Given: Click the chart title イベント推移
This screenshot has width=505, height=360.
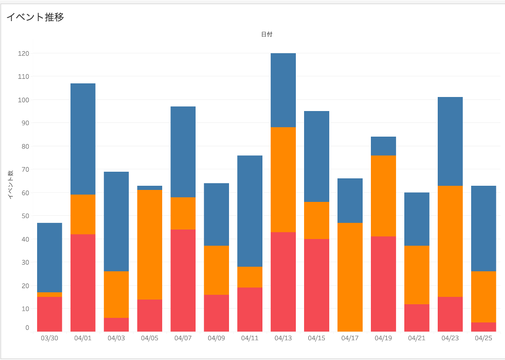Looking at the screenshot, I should click(x=35, y=17).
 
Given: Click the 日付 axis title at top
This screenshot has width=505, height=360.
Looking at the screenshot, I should click(x=267, y=35).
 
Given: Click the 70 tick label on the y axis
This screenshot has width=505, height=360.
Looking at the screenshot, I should click(x=24, y=169).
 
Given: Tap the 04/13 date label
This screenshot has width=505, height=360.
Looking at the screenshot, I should click(x=283, y=339).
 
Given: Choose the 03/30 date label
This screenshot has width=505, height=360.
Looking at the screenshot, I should click(x=50, y=339).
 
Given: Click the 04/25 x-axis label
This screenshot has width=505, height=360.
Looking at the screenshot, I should click(x=483, y=339).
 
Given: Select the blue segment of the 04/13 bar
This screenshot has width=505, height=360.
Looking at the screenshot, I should click(x=283, y=90).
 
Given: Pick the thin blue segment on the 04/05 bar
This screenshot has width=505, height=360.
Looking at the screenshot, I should click(x=149, y=188).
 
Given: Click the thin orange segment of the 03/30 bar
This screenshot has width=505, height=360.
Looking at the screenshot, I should click(x=50, y=294).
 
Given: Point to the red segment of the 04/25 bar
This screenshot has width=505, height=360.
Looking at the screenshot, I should click(x=483, y=327).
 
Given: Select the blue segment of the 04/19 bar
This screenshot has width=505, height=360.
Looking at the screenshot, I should click(x=383, y=146).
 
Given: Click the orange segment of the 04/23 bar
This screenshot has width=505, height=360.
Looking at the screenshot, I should click(x=450, y=241).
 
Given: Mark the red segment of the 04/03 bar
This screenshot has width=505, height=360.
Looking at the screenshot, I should click(x=116, y=324).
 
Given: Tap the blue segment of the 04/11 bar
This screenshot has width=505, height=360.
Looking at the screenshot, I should click(x=250, y=211).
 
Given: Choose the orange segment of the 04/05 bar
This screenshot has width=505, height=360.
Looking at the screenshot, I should click(x=149, y=244).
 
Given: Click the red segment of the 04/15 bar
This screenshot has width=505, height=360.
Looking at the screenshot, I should click(x=316, y=285).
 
